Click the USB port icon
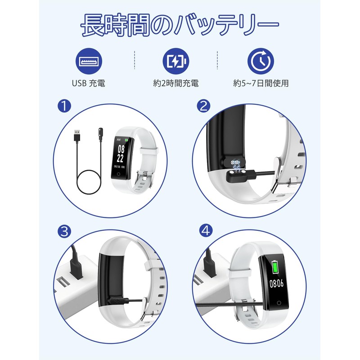(89, 61)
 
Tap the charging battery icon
(176, 61)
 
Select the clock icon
(261, 61)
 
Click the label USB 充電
(89, 83)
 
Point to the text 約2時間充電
(176, 83)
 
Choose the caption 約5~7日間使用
(261, 83)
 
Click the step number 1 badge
(64, 106)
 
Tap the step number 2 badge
(204, 106)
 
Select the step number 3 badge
(64, 231)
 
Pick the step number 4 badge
(206, 230)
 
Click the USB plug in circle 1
(77, 136)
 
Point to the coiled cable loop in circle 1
(89, 182)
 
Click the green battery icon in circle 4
(274, 267)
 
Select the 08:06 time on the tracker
(276, 283)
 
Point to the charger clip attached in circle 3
(119, 301)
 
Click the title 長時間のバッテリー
(180, 25)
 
